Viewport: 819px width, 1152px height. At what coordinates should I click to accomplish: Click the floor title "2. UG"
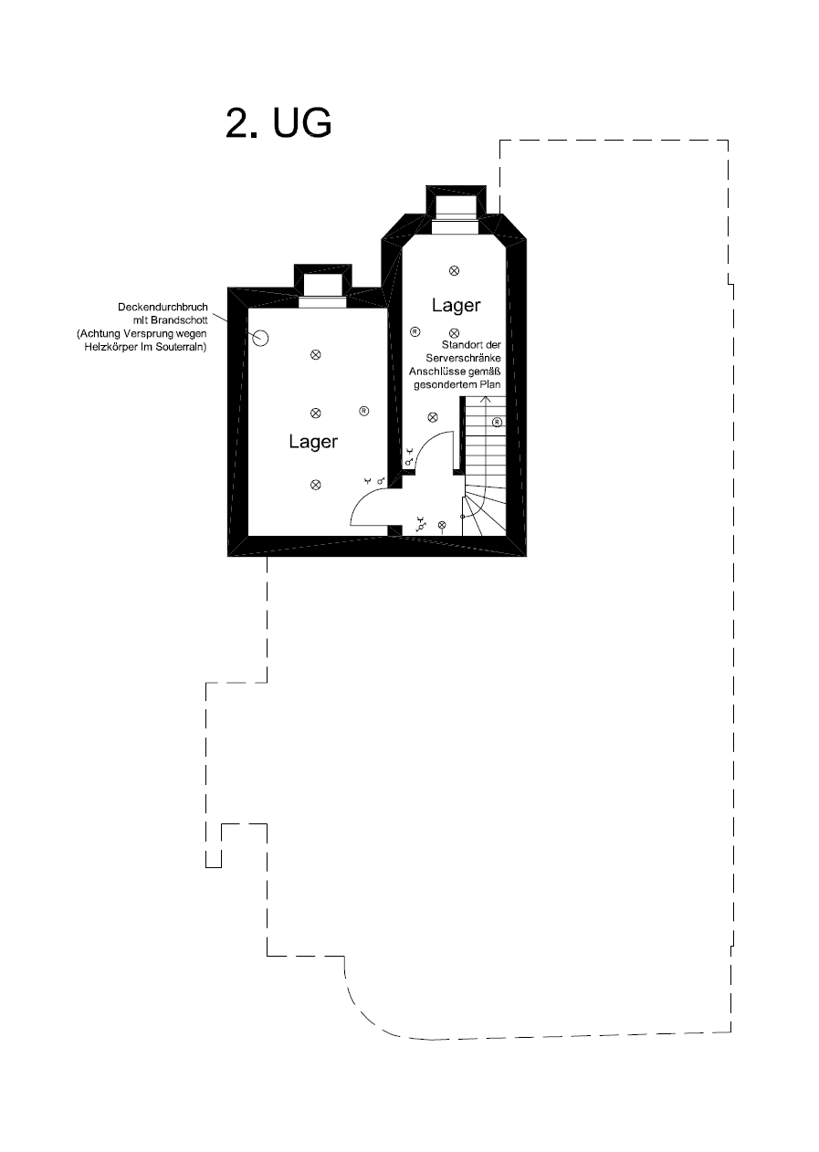278,123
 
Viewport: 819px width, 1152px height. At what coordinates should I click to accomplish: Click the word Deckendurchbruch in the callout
163,307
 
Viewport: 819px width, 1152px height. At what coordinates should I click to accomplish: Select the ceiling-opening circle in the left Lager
261,339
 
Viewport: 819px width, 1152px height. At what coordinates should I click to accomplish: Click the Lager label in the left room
313,441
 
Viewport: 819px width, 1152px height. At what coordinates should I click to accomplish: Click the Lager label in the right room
456,305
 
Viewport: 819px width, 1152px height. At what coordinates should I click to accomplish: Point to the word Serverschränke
463,358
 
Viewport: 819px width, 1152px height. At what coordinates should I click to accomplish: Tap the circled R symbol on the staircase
497,423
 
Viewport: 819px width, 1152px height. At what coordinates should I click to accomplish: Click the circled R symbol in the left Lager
363,411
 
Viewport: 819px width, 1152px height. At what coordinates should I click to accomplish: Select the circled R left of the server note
415,331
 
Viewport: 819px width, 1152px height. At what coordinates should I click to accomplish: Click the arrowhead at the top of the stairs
485,399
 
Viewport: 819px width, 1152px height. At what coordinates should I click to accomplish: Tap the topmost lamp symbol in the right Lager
454,270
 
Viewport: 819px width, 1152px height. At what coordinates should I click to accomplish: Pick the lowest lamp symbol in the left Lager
315,485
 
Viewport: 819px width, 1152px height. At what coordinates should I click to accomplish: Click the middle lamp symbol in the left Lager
315,413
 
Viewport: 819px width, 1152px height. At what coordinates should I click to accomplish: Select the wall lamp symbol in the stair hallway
441,525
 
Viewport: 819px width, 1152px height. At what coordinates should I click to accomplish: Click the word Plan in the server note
491,384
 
